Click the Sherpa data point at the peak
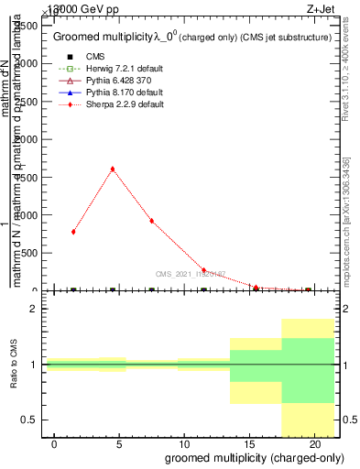point(112,169)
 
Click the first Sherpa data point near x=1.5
point(73,232)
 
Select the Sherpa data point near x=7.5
point(151,221)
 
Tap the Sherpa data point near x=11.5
point(203,270)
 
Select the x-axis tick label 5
point(119,444)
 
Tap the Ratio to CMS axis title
point(14,365)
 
